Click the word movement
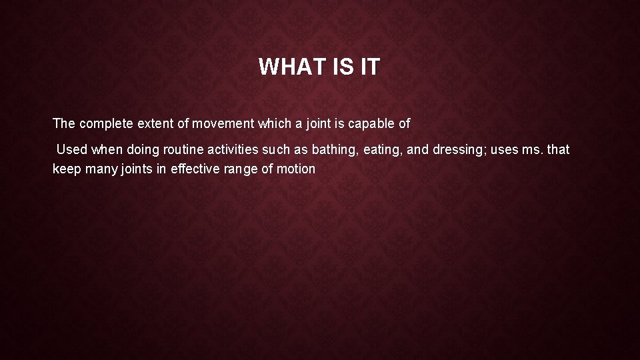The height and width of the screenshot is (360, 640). (x=216, y=123)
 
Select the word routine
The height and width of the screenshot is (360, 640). (x=177, y=149)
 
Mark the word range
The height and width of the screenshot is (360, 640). (x=244, y=169)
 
